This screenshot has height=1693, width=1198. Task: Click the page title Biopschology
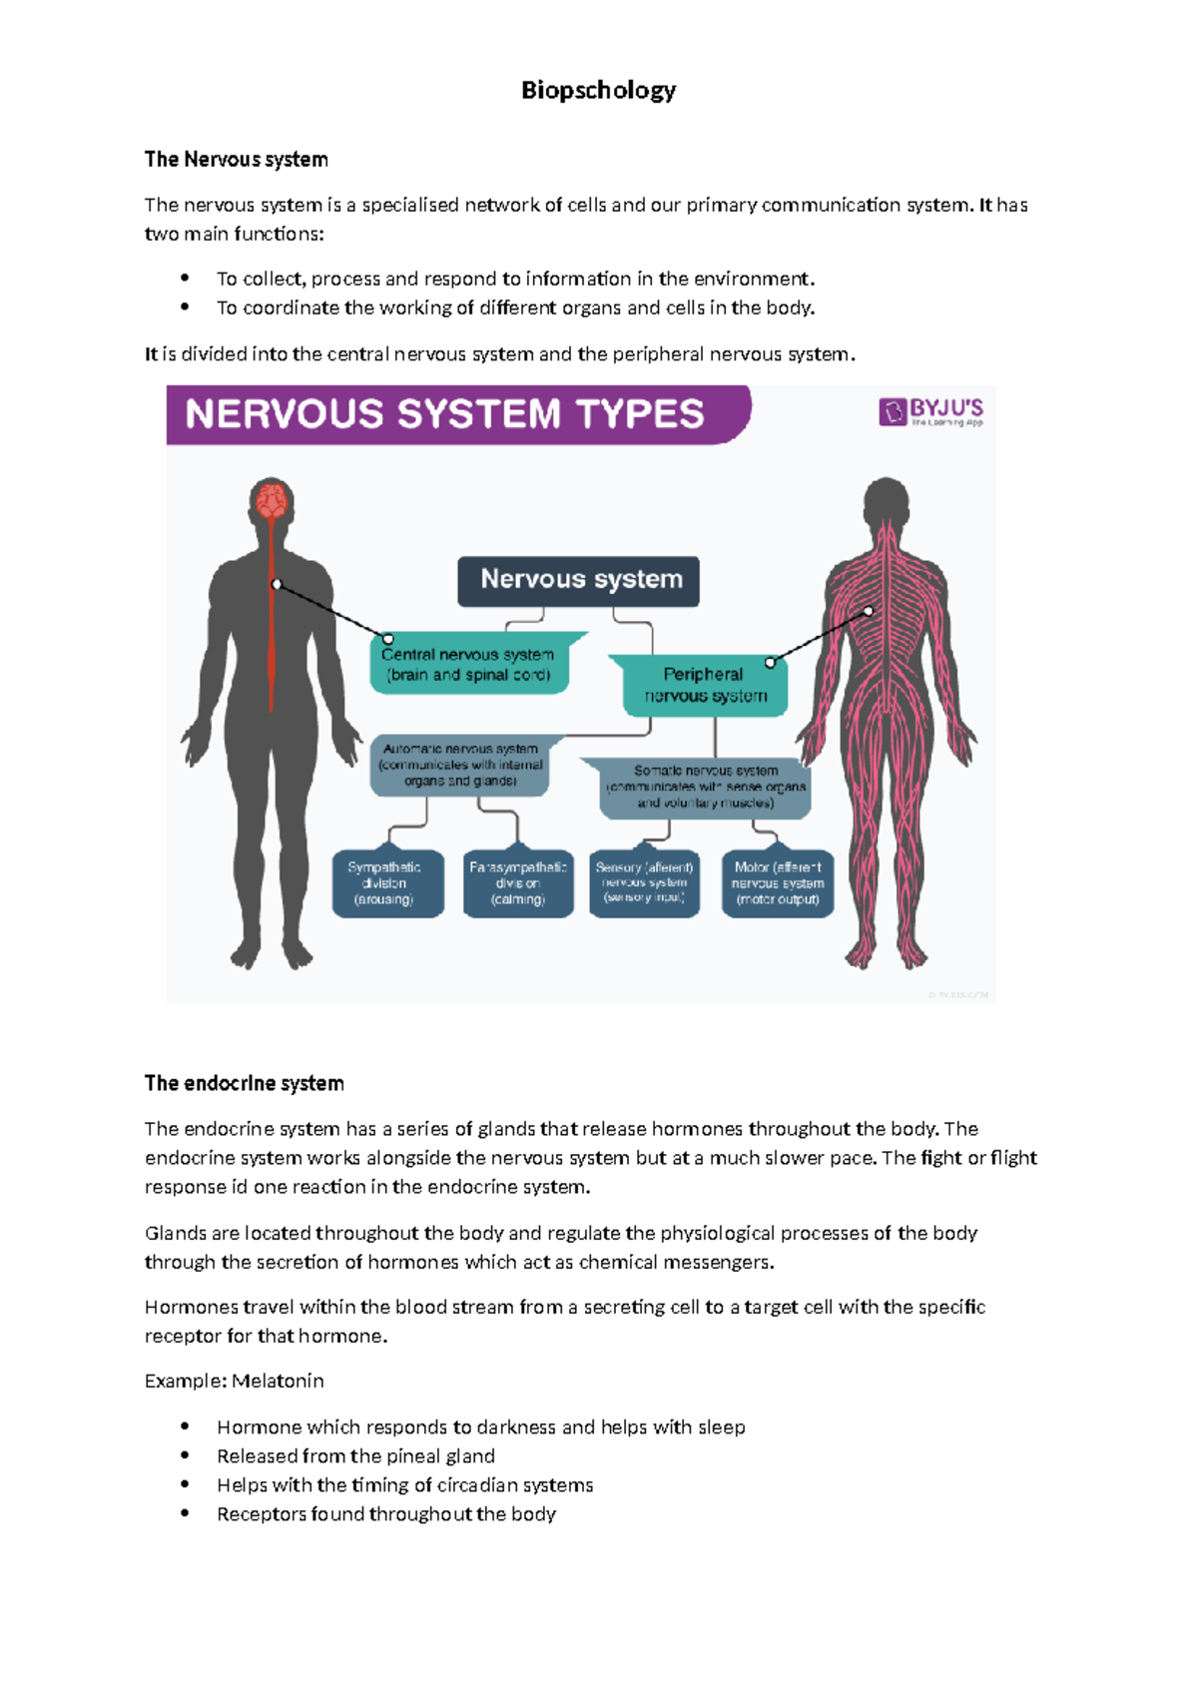pyautogui.click(x=598, y=90)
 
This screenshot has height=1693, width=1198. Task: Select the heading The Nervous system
pyautogui.click(x=236, y=160)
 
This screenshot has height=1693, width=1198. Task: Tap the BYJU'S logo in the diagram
pyautogui.click(x=930, y=411)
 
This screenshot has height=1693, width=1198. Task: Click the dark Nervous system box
pyautogui.click(x=579, y=580)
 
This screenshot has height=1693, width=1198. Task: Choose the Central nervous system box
pyautogui.click(x=467, y=665)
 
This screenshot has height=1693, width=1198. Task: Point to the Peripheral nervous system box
pyautogui.click(x=704, y=685)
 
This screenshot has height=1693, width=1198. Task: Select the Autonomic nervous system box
pyautogui.click(x=460, y=765)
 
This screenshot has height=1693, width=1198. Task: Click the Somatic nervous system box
pyautogui.click(x=706, y=787)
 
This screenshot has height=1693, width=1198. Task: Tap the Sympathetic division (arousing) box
pyautogui.click(x=385, y=883)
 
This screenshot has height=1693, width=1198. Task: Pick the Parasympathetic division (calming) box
pyautogui.click(x=518, y=883)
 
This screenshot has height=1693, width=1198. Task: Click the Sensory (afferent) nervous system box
pyautogui.click(x=644, y=883)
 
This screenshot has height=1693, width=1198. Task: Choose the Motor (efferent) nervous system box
pyautogui.click(x=778, y=883)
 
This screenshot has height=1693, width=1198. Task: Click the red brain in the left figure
pyautogui.click(x=272, y=499)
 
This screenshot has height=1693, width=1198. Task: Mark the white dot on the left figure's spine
pyautogui.click(x=277, y=584)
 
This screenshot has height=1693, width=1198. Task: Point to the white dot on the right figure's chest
pyautogui.click(x=869, y=611)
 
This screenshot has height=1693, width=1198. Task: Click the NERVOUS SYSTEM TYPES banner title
pyautogui.click(x=445, y=414)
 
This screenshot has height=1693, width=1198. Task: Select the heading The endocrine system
pyautogui.click(x=244, y=1084)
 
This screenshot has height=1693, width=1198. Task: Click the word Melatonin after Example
pyautogui.click(x=278, y=1382)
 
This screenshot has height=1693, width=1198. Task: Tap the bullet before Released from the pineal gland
pyautogui.click(x=185, y=1455)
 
